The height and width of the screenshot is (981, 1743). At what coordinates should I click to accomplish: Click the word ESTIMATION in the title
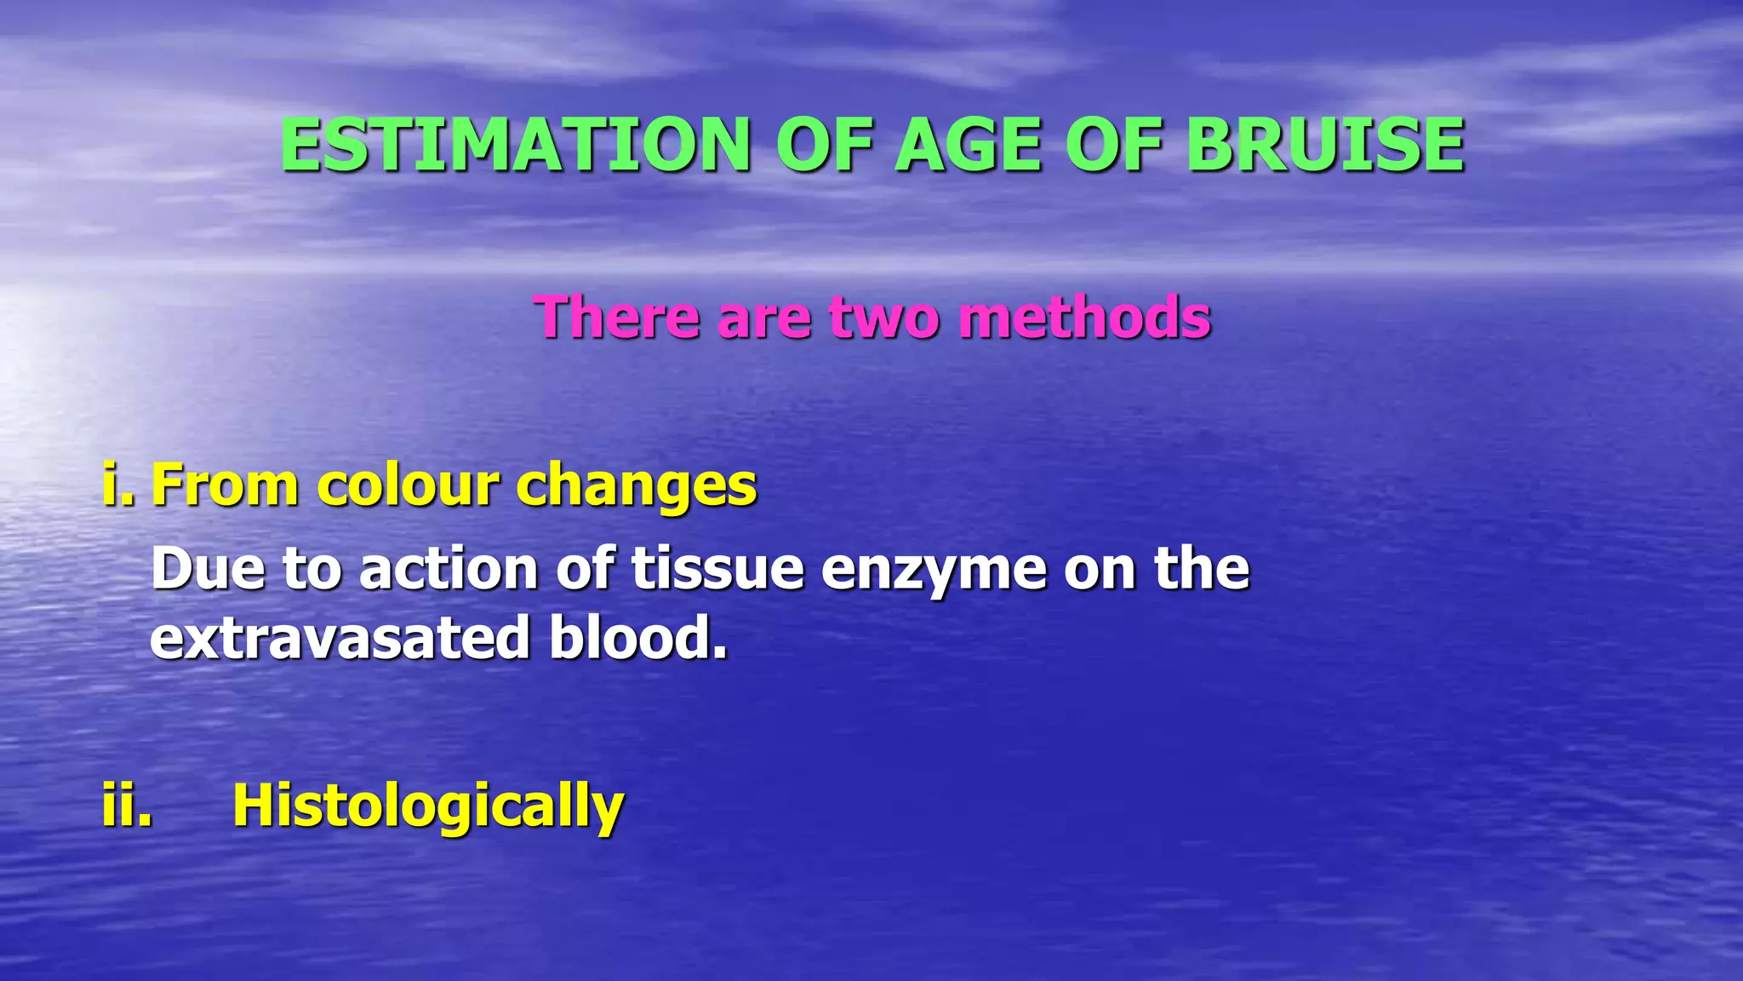click(515, 145)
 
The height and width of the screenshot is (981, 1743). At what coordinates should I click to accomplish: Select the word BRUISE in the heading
click(1325, 145)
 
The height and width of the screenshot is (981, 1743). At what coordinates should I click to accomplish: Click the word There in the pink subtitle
click(617, 317)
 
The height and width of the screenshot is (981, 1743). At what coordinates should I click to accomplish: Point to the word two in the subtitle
click(885, 317)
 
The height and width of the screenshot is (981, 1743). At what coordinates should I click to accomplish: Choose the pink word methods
click(1084, 317)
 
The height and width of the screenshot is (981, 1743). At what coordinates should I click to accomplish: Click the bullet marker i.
click(117, 484)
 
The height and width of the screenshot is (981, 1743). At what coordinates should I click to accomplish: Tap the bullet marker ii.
click(127, 805)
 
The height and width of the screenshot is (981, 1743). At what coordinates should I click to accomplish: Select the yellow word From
click(225, 485)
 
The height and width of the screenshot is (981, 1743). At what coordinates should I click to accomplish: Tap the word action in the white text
click(448, 569)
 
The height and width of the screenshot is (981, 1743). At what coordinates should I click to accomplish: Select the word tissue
click(717, 569)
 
